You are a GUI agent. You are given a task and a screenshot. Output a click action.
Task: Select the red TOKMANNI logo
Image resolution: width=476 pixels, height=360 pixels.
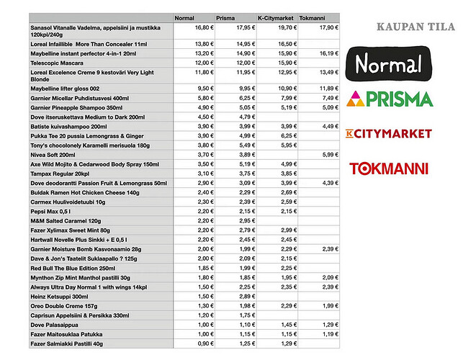389,168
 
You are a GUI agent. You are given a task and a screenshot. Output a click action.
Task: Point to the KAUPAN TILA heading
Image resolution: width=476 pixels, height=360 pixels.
416,28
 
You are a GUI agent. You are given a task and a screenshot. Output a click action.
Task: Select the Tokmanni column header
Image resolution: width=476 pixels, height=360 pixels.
312,17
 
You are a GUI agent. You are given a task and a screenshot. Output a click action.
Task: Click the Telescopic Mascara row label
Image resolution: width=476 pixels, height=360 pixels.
58,63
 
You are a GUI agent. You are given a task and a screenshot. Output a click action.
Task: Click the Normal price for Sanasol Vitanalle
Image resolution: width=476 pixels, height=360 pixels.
205,27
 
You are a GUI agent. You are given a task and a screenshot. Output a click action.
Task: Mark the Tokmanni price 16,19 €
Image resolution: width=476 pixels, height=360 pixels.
328,53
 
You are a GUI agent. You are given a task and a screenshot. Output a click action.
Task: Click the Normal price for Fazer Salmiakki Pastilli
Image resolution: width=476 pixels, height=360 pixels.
205,343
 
